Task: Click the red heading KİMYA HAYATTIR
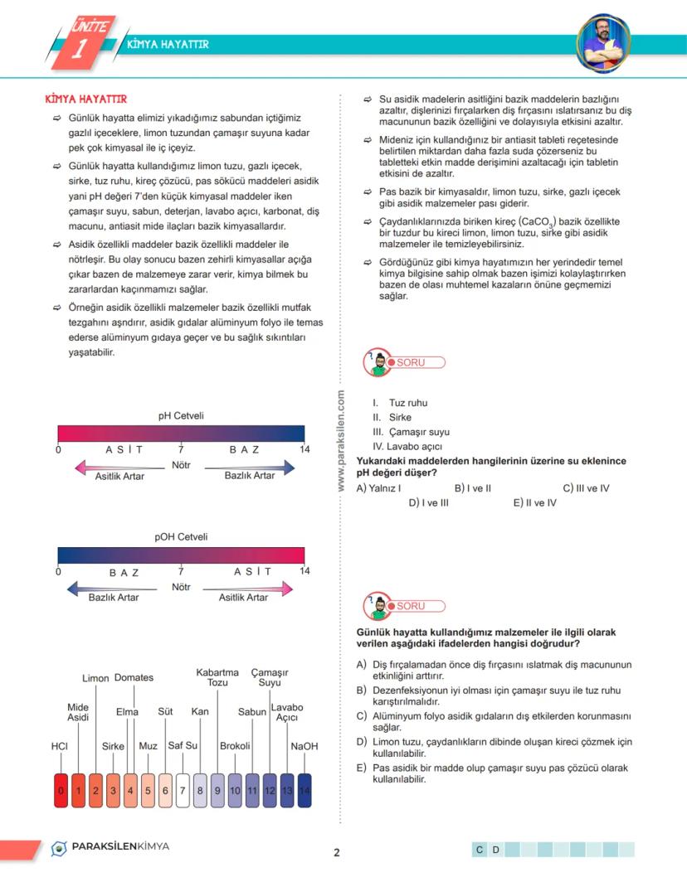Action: pos(85,99)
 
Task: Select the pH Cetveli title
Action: pos(181,416)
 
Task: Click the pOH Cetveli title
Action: pos(181,537)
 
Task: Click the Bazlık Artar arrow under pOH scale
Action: pos(109,589)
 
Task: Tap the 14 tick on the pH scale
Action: pos(304,449)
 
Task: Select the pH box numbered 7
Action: pos(183,791)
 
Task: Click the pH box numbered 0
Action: pos(61,791)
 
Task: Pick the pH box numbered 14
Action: pos(304,791)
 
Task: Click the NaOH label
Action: pos(304,746)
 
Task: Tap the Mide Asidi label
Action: pos(78,712)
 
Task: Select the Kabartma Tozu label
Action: pos(217,677)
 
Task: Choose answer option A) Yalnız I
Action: pos(378,488)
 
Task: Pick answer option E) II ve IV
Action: pos(534,502)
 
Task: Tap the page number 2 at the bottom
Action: pos(337,852)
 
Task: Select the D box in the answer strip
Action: pos(495,850)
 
